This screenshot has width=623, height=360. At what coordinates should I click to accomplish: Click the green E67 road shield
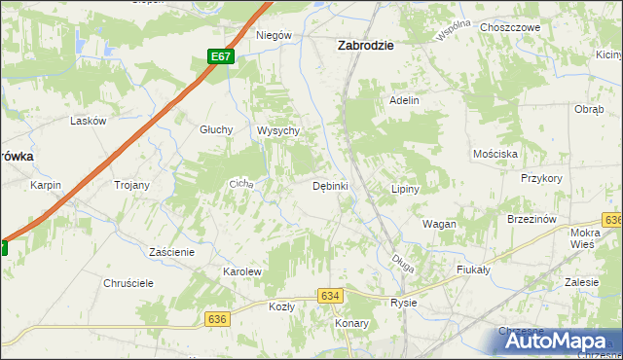coord(222,56)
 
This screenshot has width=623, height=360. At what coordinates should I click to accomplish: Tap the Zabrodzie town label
coord(365,44)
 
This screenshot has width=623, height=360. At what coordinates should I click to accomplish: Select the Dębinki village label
coord(330,186)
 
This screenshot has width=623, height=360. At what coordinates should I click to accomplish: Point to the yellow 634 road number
coord(330,295)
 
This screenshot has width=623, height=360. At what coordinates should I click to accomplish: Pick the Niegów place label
coord(274,35)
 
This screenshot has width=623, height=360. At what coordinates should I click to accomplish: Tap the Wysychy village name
coord(276,130)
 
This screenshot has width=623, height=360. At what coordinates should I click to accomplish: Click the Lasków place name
coord(88,121)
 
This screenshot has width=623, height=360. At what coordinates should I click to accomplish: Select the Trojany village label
coord(131,185)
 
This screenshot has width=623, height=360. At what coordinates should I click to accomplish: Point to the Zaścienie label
coord(172,251)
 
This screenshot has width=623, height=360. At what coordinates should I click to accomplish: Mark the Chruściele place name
coord(128,283)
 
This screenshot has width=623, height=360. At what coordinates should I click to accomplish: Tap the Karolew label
coord(242,271)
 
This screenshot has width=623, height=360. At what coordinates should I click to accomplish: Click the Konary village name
coord(350,322)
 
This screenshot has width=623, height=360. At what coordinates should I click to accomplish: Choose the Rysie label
coord(403,303)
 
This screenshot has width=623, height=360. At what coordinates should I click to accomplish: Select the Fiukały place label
coord(472,269)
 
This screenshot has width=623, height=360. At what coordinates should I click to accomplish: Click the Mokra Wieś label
coord(585,239)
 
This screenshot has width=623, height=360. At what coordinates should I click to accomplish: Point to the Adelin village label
coord(404,100)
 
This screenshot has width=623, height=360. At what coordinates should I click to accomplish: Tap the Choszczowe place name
coord(510,28)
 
